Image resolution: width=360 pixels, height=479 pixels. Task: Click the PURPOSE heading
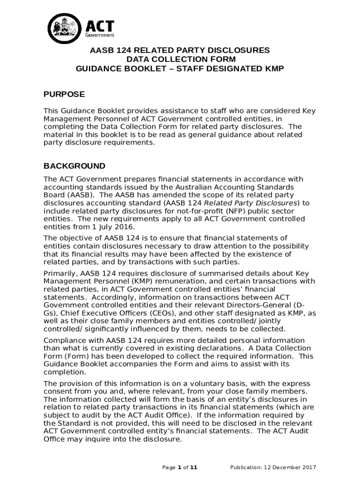click(x=64, y=94)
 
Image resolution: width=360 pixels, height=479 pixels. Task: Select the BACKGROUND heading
click(x=74, y=166)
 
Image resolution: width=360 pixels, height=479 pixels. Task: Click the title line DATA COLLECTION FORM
click(x=180, y=59)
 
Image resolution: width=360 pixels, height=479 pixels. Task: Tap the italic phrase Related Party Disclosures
click(x=251, y=203)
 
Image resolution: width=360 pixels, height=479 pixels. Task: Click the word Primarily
click(x=61, y=273)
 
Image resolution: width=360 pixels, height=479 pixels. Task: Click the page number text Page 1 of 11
click(x=180, y=467)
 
